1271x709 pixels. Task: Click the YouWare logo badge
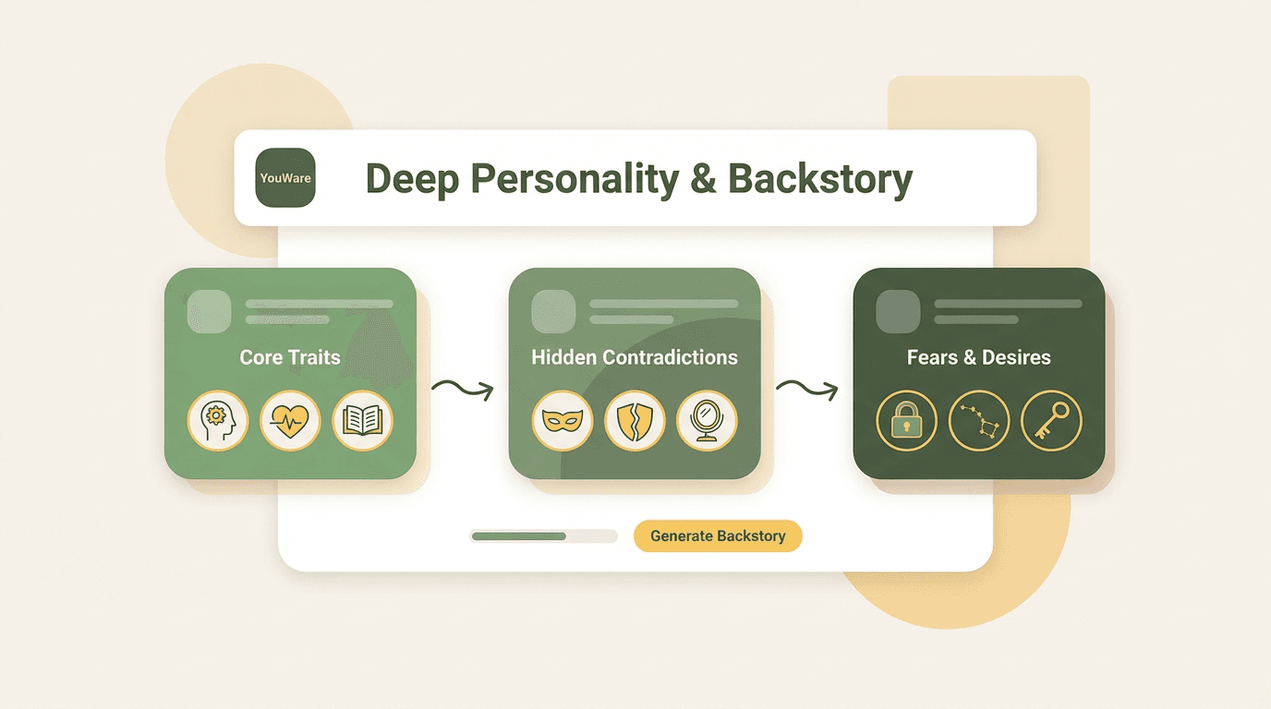pyautogui.click(x=284, y=177)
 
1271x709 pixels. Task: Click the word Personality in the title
pyautogui.click(x=575, y=180)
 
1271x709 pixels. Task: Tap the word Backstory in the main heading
pyautogui.click(x=820, y=180)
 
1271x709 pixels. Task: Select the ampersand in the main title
pyautogui.click(x=704, y=179)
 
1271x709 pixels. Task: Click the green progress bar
pyautogui.click(x=543, y=536)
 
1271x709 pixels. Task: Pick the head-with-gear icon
pyautogui.click(x=218, y=420)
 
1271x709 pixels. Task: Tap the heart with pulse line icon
pyautogui.click(x=290, y=420)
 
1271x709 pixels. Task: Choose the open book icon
pyautogui.click(x=363, y=420)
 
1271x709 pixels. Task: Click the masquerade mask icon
pyautogui.click(x=563, y=420)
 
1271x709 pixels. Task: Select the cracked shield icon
pyautogui.click(x=635, y=420)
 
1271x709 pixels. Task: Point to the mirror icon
pyautogui.click(x=707, y=420)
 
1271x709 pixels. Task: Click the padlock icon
pyautogui.click(x=906, y=420)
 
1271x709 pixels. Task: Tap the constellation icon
pyautogui.click(x=979, y=420)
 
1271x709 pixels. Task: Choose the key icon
pyautogui.click(x=1051, y=420)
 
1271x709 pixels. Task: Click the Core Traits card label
pyautogui.click(x=289, y=357)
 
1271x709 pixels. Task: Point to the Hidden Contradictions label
pyautogui.click(x=635, y=357)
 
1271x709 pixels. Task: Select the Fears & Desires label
pyautogui.click(x=979, y=357)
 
